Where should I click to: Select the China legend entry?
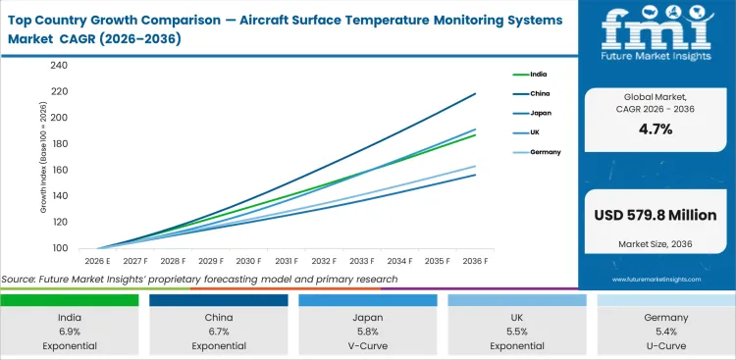tap(540, 93)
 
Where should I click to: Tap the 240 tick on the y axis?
tap(60, 66)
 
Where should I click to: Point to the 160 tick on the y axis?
tap(60, 170)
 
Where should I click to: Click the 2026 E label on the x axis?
tap(96, 261)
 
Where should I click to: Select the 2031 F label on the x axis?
tap(287, 261)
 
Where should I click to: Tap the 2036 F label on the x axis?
tap(476, 261)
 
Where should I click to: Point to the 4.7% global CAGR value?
tap(656, 129)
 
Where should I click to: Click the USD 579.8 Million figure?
tap(656, 215)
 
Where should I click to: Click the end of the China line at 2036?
tap(476, 93)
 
